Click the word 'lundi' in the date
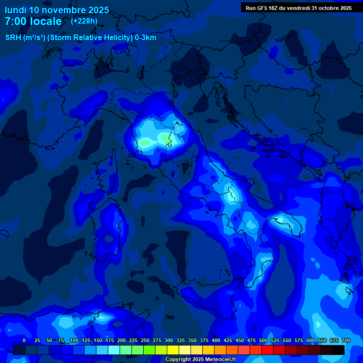click(16, 10)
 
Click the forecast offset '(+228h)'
click(84, 21)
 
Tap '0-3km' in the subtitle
click(145, 38)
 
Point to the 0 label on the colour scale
click(24, 340)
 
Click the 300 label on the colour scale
click(169, 340)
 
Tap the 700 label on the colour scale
click(346, 340)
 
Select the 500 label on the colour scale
click(263, 340)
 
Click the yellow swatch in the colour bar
click(173, 350)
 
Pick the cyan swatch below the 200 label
click(114, 350)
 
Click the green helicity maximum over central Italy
click(165, 138)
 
